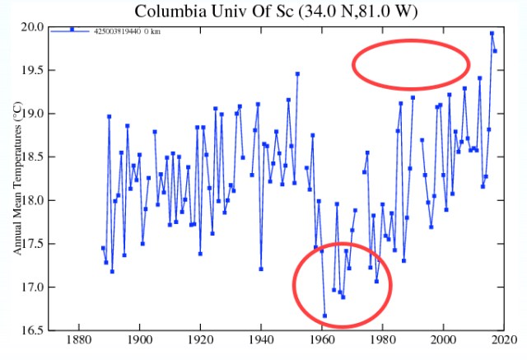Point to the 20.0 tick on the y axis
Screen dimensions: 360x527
[34, 27]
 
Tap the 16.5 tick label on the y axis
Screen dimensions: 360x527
[34, 330]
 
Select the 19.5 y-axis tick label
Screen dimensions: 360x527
[34, 70]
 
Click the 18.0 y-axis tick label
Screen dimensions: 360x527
[34, 200]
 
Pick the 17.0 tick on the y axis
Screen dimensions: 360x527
[34, 287]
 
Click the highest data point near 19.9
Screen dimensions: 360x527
[492, 34]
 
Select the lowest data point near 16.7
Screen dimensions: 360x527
[324, 316]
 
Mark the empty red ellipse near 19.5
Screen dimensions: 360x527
[411, 64]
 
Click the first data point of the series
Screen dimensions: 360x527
[103, 248]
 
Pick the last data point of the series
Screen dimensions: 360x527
[495, 51]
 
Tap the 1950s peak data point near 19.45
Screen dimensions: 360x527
[297, 74]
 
